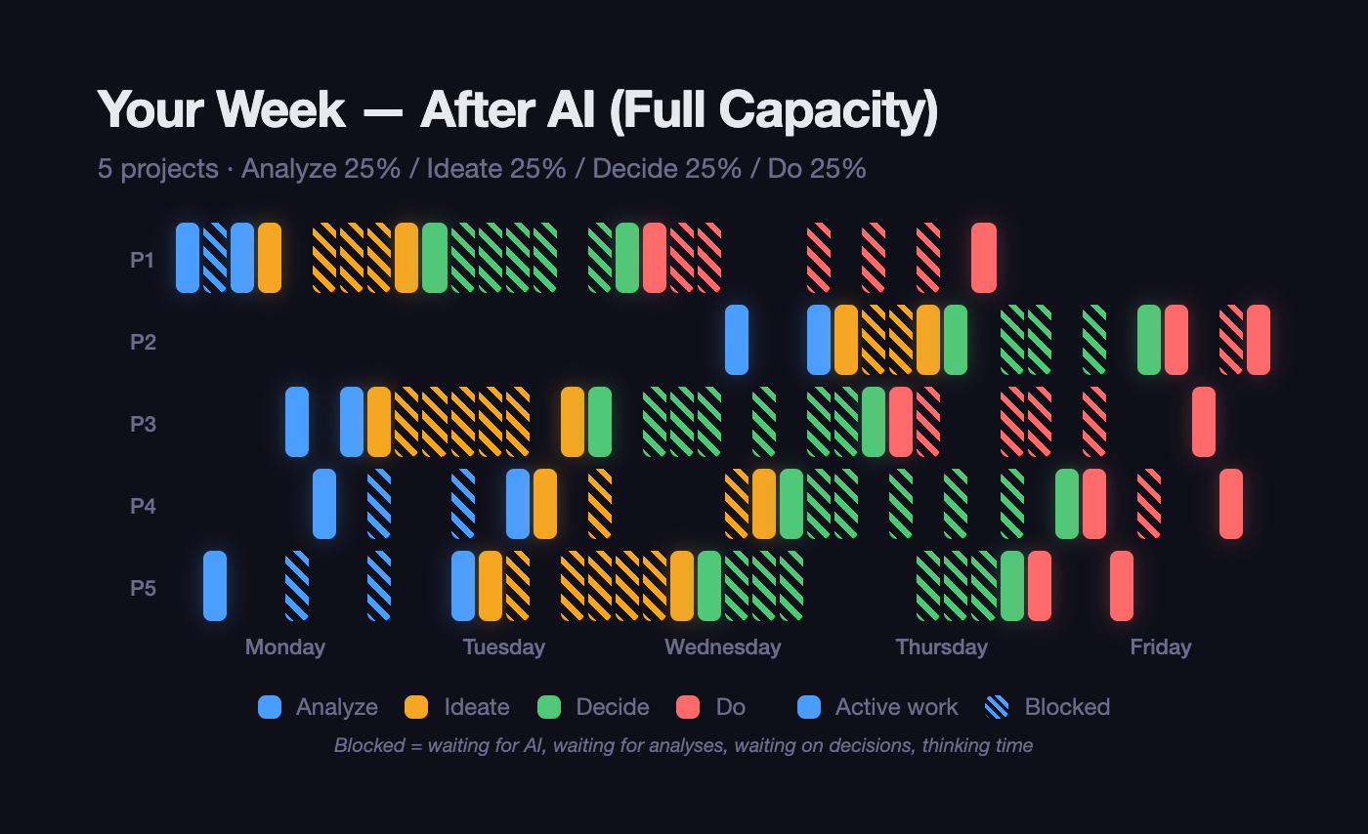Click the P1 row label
pyautogui.click(x=143, y=260)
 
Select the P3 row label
pyautogui.click(x=143, y=424)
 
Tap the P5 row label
pyautogui.click(x=143, y=588)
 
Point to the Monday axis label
pyautogui.click(x=284, y=646)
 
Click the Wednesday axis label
pyautogui.click(x=722, y=646)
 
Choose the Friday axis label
pyautogui.click(x=1160, y=646)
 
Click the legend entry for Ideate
pyautogui.click(x=476, y=707)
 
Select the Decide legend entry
pyautogui.click(x=612, y=707)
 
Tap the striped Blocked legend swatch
pyautogui.click(x=998, y=707)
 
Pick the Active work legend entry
pyautogui.click(x=896, y=707)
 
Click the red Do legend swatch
pyautogui.click(x=688, y=707)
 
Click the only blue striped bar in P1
pyautogui.click(x=215, y=258)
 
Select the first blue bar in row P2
pyautogui.click(x=737, y=340)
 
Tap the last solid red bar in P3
pyautogui.click(x=1204, y=422)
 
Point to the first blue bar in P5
pyautogui.click(x=215, y=586)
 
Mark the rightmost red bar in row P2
pyautogui.click(x=1259, y=340)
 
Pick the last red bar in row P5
pyautogui.click(x=1122, y=586)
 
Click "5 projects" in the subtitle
pyautogui.click(x=157, y=169)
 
